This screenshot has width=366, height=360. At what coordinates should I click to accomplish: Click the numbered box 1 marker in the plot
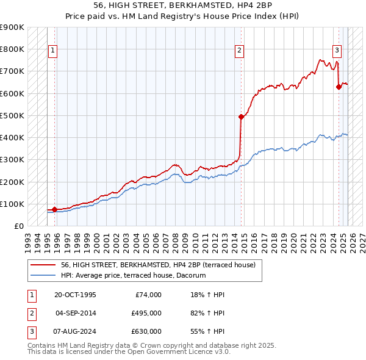(53, 51)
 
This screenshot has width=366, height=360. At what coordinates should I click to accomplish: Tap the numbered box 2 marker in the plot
(240, 51)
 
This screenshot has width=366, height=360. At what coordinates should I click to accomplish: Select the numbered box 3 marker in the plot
(337, 51)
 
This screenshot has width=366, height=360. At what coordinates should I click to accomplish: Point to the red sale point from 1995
(54, 209)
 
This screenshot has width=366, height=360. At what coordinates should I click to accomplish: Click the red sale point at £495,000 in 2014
(241, 117)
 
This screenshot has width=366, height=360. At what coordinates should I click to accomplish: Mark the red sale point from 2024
(339, 87)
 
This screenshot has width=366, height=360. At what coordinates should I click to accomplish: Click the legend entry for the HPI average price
(133, 276)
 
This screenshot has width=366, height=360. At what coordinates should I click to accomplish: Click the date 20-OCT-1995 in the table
(76, 295)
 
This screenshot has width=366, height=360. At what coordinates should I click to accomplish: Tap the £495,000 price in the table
(146, 313)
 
